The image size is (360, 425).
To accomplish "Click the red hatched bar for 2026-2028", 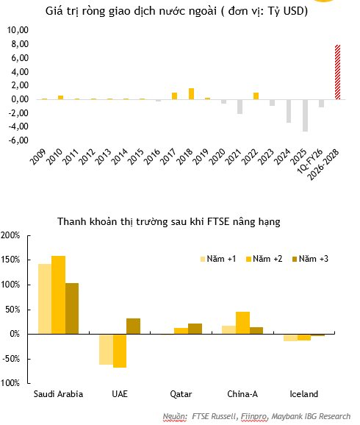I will [338, 72].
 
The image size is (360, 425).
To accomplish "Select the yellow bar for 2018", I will [191, 93].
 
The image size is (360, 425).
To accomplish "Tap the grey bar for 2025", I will [305, 115].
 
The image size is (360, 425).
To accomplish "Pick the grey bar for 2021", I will [240, 107].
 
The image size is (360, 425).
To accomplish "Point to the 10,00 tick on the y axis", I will [17, 30].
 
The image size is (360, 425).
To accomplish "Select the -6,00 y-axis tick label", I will [17, 140].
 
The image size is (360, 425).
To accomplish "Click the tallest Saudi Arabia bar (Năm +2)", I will [59, 295].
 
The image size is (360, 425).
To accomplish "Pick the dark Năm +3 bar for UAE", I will [133, 326].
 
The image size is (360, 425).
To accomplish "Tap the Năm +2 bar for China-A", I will [242, 323].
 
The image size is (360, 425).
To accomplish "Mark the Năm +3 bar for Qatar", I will [195, 329].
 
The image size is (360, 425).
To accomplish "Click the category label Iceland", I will [304, 394].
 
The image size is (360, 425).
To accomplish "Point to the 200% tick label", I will [13, 235].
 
